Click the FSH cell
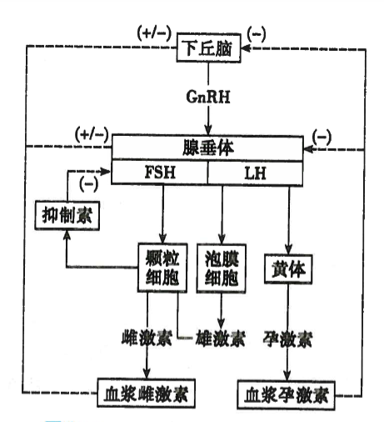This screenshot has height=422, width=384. click(x=159, y=173)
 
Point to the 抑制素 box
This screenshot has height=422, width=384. click(x=67, y=216)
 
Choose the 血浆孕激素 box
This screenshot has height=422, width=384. click(x=285, y=392)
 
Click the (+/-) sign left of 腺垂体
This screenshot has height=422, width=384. click(x=92, y=133)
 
